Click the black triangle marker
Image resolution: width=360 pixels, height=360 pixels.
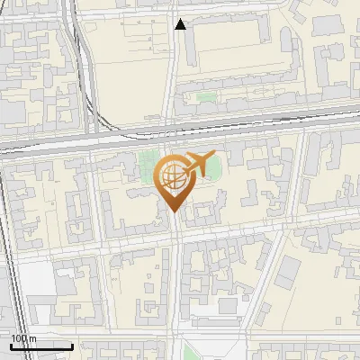tap(181, 24)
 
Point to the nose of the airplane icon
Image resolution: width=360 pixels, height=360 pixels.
tap(215, 157)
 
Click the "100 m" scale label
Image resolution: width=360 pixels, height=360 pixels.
tap(23, 337)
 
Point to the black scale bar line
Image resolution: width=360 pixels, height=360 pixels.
tap(40, 346)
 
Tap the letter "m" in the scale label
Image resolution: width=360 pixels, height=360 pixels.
tap(32, 337)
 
